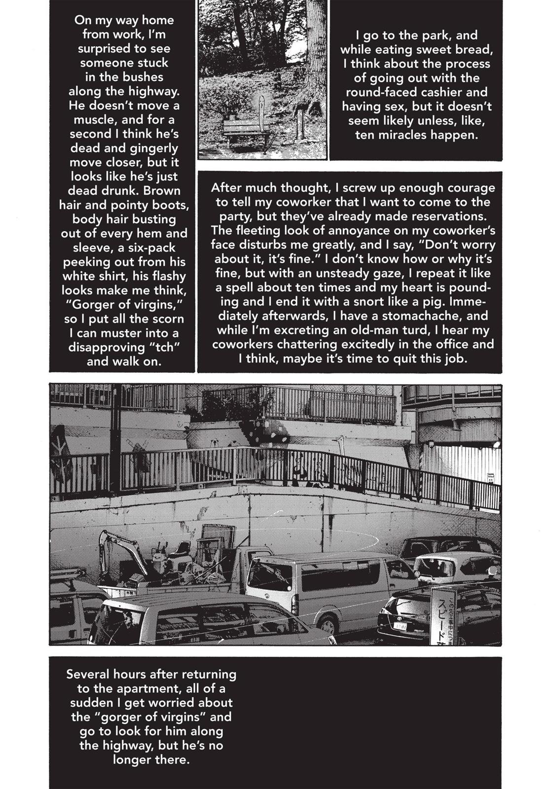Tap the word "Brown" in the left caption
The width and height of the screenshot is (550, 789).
[162, 191]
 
